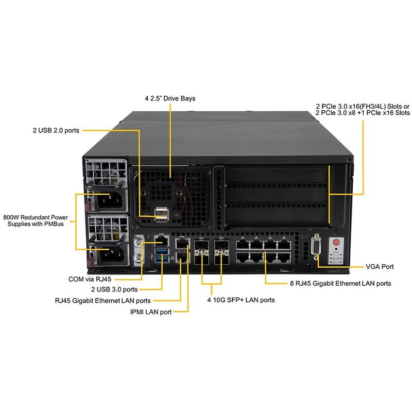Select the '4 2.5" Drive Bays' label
pos(170,98)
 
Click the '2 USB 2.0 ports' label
pos(56,130)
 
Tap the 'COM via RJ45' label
pos(90,279)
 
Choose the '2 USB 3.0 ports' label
pos(114,290)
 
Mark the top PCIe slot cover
pos(276,176)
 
